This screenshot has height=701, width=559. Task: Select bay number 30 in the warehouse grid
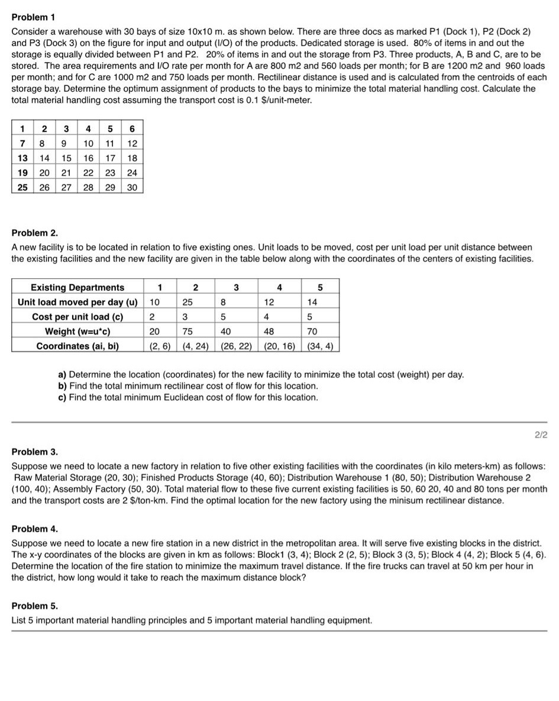133,187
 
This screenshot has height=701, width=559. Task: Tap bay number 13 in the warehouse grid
22,157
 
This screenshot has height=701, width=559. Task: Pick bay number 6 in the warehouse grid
133,128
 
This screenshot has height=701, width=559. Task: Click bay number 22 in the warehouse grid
88,172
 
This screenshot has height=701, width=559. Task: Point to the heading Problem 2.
35,233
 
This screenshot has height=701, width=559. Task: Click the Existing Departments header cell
77,288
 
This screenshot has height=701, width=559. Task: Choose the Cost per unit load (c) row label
77,317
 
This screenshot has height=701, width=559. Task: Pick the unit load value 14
312,302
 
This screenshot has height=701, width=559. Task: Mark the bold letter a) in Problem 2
62,375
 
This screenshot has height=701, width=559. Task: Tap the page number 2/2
541,435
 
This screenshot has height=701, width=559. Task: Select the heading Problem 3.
35,452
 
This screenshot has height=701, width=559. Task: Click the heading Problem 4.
35,529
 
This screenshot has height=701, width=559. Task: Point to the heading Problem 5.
35,606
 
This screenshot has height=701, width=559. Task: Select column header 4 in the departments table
280,288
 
